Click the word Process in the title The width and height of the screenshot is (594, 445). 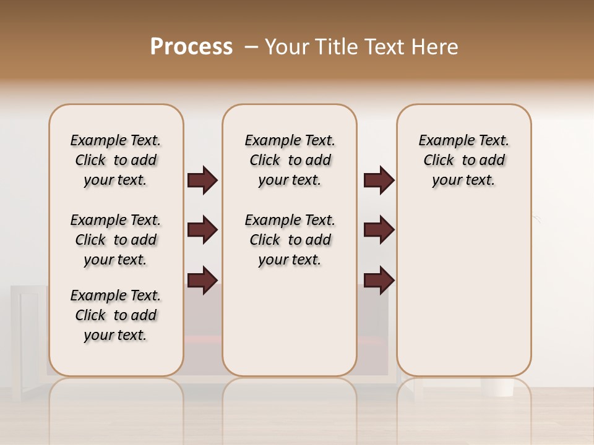[191, 47]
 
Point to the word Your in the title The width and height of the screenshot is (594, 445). [288, 47]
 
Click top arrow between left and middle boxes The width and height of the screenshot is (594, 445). [202, 180]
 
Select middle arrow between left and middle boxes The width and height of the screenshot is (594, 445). [202, 231]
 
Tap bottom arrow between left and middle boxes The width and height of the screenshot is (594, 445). [202, 280]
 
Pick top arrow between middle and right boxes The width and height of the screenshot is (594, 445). [379, 180]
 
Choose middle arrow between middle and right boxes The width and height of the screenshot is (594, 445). [379, 231]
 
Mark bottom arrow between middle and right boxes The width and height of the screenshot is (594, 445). [379, 280]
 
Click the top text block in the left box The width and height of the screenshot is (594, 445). [116, 160]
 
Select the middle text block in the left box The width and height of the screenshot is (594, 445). [116, 240]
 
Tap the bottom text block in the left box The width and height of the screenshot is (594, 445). [116, 315]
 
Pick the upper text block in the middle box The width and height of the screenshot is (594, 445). [290, 160]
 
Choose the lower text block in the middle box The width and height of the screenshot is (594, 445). [290, 240]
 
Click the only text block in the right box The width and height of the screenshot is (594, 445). [463, 160]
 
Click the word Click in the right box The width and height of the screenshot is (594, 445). [439, 161]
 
